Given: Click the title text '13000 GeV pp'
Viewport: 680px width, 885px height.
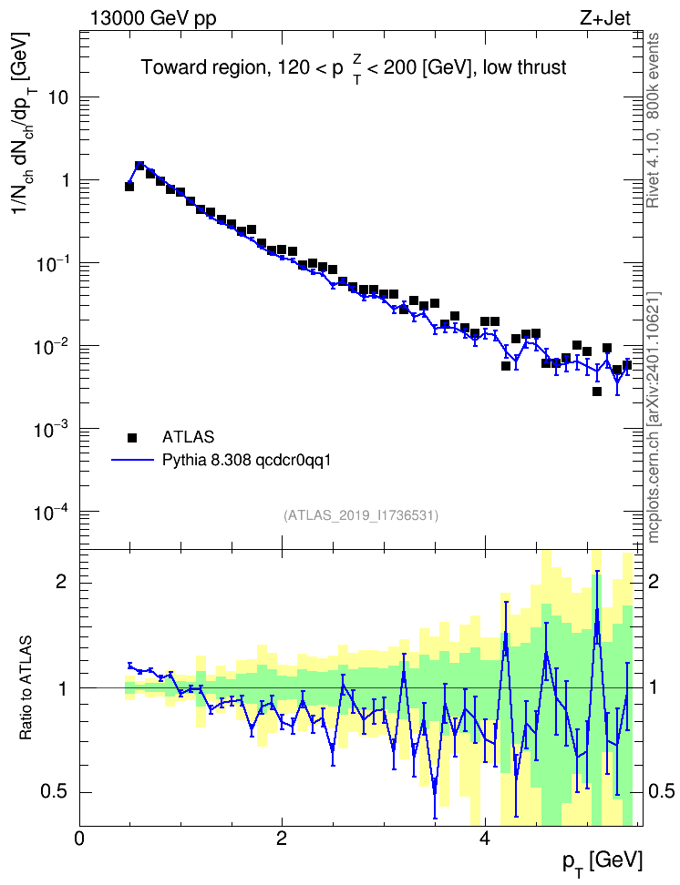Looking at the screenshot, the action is point(153,18).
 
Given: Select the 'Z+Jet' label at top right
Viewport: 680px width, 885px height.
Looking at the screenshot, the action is point(605,18).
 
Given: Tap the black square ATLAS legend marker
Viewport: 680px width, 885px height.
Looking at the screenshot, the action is point(131,437).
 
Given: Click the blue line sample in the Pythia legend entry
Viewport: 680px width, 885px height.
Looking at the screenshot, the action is point(132,460).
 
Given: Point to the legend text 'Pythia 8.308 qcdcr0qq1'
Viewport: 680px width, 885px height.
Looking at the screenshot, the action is point(246,461).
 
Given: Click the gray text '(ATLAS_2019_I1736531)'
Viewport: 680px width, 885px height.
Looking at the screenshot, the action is point(361,514).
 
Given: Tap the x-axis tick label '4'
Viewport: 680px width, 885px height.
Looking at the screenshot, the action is point(484,838).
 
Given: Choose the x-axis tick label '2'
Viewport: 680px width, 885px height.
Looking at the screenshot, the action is point(282,838).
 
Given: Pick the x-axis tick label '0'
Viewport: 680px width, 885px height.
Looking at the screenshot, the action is point(79,838).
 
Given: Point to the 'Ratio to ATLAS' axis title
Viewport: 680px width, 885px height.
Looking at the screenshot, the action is point(26,688).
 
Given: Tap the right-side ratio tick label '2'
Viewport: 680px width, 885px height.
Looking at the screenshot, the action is point(653,581).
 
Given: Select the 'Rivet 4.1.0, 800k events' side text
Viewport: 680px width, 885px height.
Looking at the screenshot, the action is point(653,120).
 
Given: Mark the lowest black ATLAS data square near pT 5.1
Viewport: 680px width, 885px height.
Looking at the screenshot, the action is point(597,392).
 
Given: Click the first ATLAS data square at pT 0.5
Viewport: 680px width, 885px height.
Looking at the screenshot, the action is point(129,187).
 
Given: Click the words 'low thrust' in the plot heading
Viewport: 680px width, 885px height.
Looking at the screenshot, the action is point(524,67).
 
